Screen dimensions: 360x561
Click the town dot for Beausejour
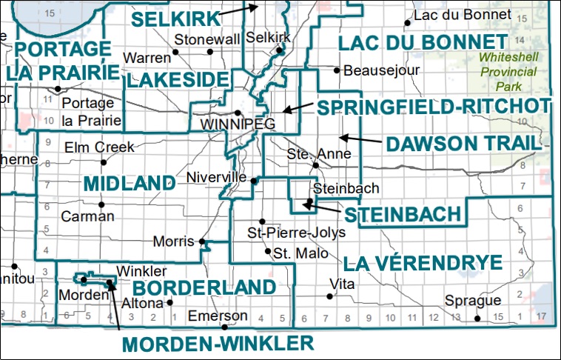337,71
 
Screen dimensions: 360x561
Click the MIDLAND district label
129,183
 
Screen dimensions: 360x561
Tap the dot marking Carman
102,204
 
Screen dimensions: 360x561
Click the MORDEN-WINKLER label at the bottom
218,343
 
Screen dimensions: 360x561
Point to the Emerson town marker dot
224,327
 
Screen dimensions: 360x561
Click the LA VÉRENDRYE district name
422,262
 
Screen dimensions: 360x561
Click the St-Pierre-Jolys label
297,233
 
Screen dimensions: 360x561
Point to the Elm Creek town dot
103,162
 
